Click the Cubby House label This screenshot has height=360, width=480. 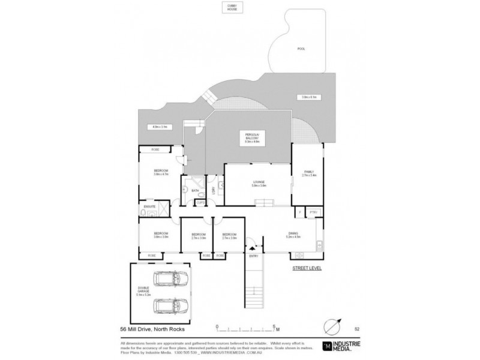click(x=231, y=8)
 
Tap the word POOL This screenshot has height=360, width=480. click(x=301, y=49)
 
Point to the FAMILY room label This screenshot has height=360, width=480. click(x=308, y=174)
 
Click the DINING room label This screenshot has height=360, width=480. click(x=293, y=234)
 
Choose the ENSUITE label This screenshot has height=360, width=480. click(x=149, y=208)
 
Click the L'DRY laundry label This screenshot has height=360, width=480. click(x=214, y=191)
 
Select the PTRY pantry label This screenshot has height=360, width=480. click(x=313, y=212)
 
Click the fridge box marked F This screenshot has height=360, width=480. click(x=298, y=212)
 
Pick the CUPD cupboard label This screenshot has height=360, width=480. click(x=200, y=202)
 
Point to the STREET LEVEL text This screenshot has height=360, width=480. click(x=306, y=268)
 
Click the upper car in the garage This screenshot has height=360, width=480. click(x=169, y=280)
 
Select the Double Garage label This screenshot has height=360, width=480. click(x=142, y=292)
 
